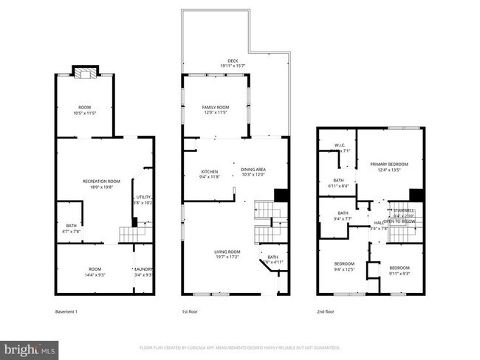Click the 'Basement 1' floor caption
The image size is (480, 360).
66,311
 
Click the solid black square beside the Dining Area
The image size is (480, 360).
281,195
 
